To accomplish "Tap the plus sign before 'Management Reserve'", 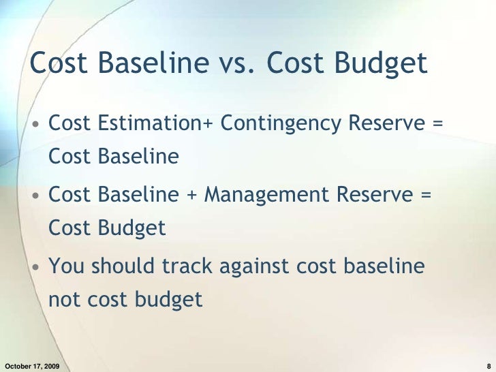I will (x=193, y=196).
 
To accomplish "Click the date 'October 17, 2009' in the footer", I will (x=31, y=366).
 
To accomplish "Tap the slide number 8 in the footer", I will (x=489, y=366).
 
